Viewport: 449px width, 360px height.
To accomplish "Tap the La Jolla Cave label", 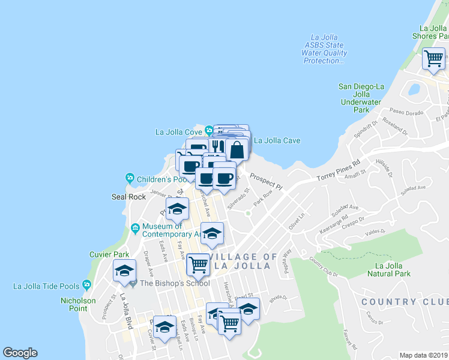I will click(x=277, y=141).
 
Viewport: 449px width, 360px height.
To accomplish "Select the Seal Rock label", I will click(x=125, y=197).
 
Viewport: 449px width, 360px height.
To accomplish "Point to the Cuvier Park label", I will click(x=106, y=254).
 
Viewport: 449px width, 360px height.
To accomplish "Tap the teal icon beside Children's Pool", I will click(x=129, y=178).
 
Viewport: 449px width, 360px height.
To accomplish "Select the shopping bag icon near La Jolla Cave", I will click(x=237, y=149).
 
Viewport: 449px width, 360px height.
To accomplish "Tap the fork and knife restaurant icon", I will click(x=217, y=146).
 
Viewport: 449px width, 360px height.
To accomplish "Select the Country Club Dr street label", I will click(x=324, y=268).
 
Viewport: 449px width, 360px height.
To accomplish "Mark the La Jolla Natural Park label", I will click(x=393, y=269).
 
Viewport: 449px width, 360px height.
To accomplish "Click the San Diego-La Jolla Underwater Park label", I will click(x=361, y=98).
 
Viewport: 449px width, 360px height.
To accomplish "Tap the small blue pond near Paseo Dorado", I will click(x=414, y=91).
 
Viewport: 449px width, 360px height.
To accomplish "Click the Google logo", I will click(x=20, y=353).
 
